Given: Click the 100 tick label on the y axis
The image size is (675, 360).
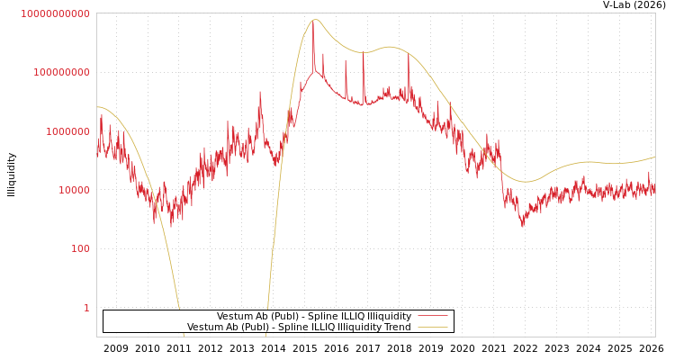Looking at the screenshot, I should tap(79, 248).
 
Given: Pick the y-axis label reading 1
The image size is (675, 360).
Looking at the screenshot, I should tap(86, 308).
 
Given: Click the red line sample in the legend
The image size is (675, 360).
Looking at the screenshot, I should tap(433, 317).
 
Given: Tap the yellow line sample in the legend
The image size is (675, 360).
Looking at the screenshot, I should tap(433, 328).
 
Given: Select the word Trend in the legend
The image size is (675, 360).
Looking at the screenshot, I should tap(396, 328).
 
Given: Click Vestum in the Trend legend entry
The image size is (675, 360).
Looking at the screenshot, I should tap(204, 328).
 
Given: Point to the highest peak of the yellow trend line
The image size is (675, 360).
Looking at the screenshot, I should tap(314, 20).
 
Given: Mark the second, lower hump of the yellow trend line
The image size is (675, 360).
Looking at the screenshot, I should tap(389, 47).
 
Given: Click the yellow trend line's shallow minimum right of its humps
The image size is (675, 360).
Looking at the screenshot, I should tap(526, 182).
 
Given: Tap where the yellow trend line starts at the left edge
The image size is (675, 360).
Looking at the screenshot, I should tap(97, 107).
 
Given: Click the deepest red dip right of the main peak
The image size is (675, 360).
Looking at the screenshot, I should tap(522, 224).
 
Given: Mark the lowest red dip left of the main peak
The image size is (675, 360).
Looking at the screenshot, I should tap(171, 225).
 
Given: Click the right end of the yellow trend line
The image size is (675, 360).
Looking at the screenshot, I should tap(654, 157).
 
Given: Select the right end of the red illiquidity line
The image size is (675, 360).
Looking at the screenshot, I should tap(654, 189).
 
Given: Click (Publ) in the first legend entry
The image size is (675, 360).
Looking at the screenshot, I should tap(273, 317).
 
